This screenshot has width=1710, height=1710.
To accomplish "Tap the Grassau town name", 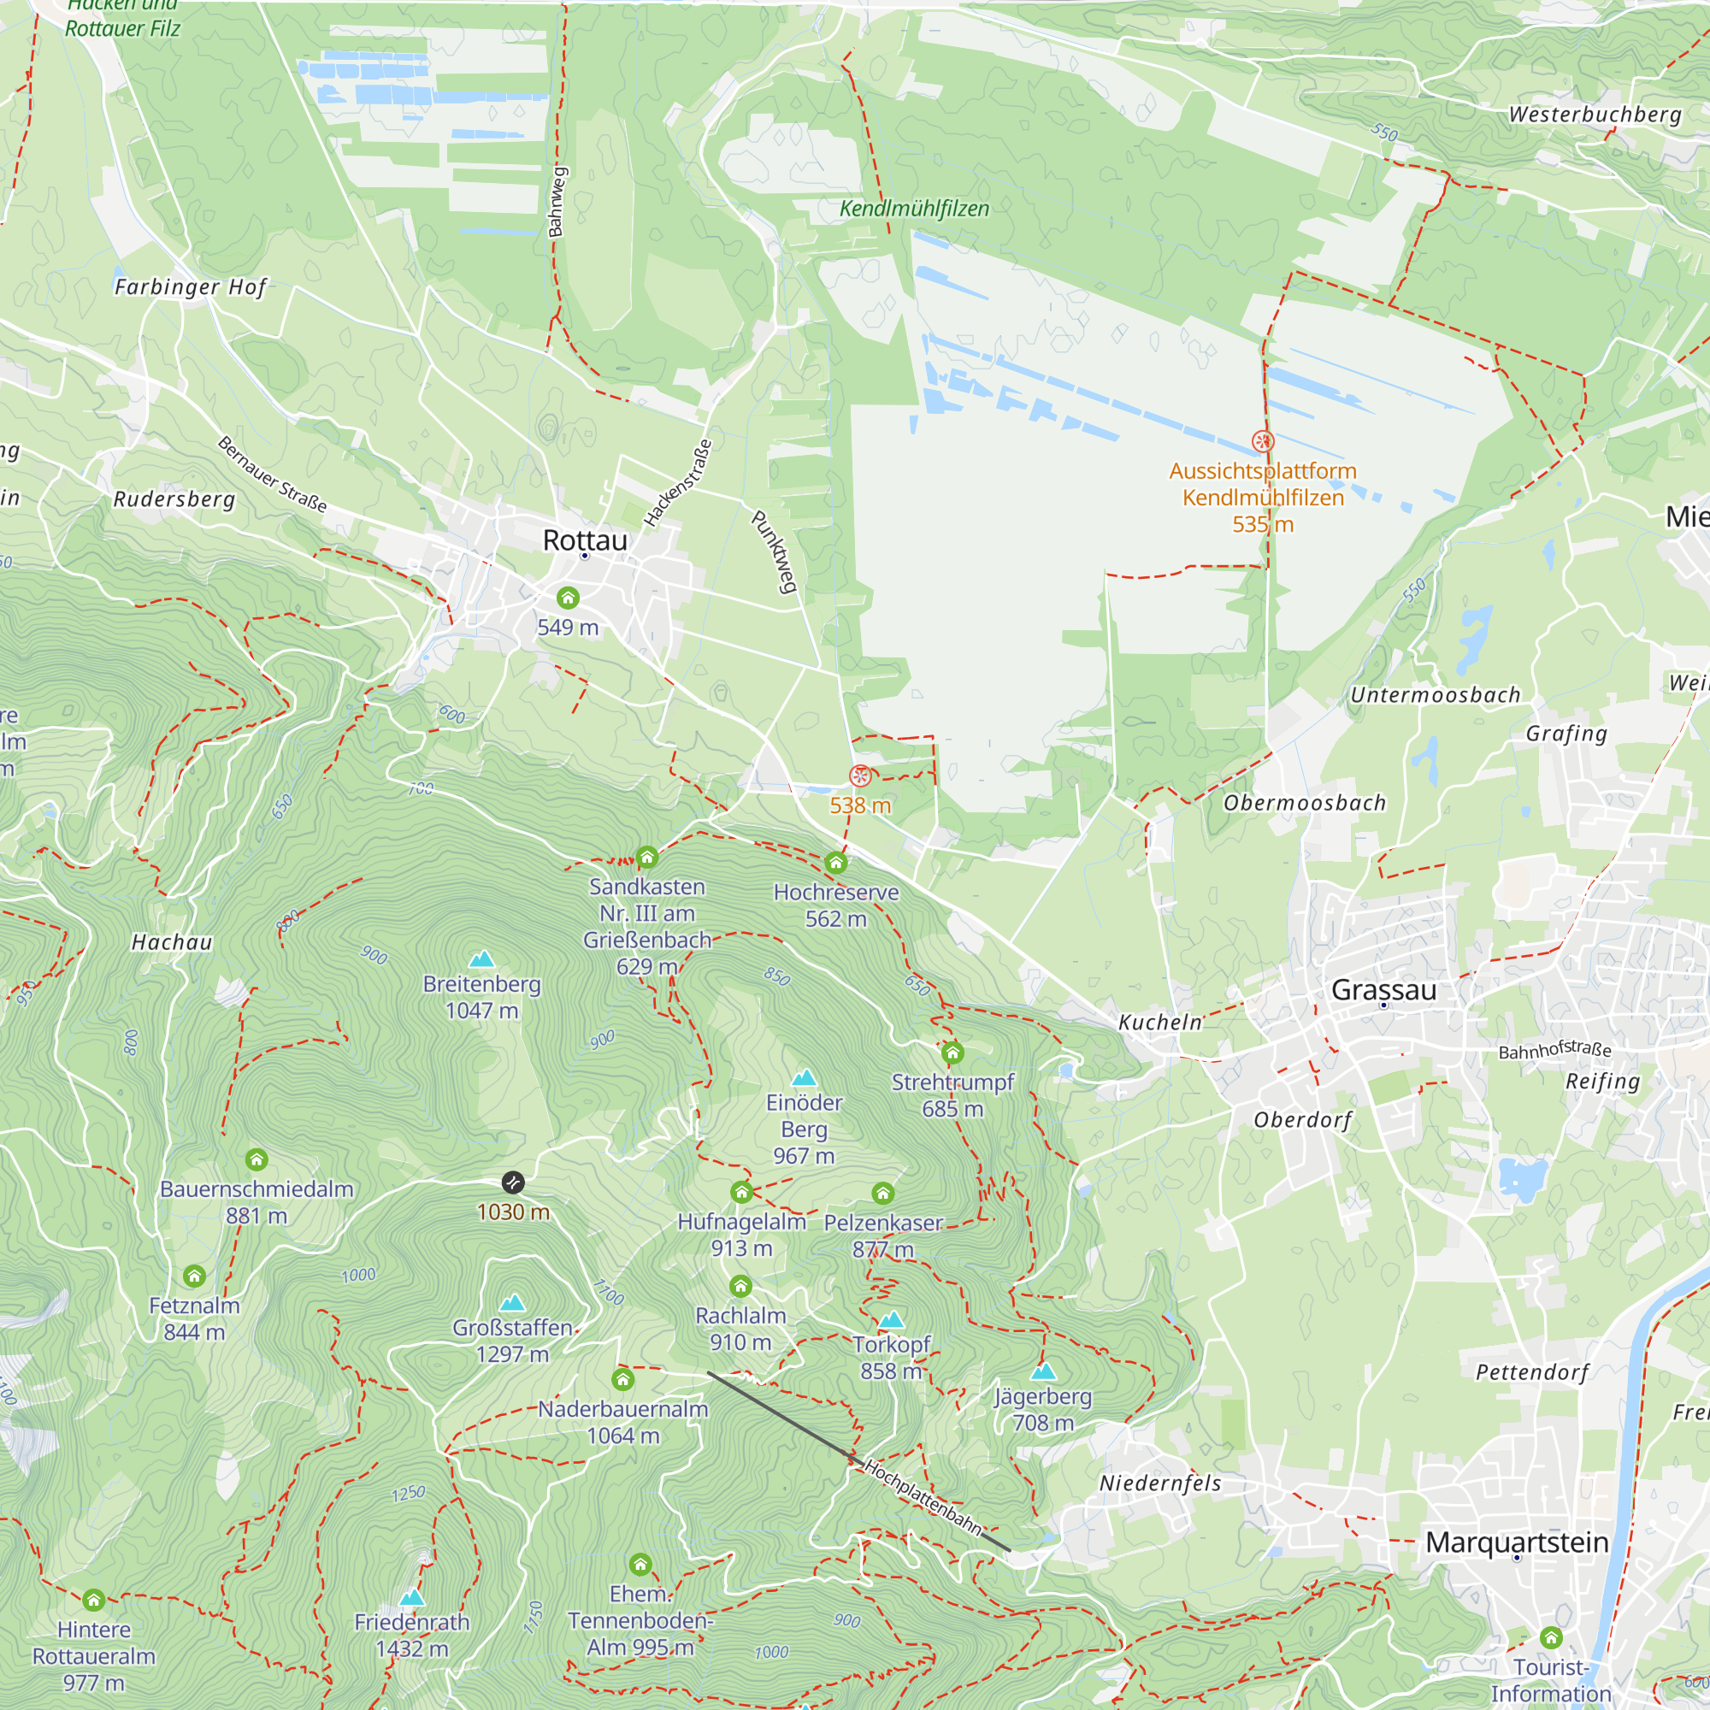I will tap(1383, 989).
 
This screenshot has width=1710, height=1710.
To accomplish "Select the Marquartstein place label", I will tap(1516, 1542).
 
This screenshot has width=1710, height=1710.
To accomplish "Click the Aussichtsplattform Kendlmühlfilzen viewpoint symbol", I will tap(1262, 441).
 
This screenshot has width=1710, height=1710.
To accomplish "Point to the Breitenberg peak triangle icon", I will tap(481, 959).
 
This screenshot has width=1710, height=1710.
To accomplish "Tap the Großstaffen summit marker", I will tap(512, 1303).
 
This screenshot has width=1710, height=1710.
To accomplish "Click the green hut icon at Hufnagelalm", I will tap(741, 1193).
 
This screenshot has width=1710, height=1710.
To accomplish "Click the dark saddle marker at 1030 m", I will tap(512, 1182).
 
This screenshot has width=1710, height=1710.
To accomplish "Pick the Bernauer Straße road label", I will tap(272, 475).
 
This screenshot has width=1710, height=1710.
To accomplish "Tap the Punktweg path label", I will tap(775, 551).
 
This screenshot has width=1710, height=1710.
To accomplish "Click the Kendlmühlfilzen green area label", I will tap(914, 209).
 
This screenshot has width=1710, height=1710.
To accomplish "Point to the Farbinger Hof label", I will tap(191, 286).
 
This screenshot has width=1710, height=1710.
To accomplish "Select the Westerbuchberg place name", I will tap(1595, 115).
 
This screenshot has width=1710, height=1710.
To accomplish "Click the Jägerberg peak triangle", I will tap(1043, 1372).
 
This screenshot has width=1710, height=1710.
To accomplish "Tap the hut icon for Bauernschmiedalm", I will tap(256, 1159).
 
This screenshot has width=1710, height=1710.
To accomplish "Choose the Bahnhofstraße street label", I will tap(1554, 1050).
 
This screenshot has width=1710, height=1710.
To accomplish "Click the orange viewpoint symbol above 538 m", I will tap(860, 776).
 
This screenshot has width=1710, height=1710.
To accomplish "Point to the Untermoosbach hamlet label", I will tap(1435, 695).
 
